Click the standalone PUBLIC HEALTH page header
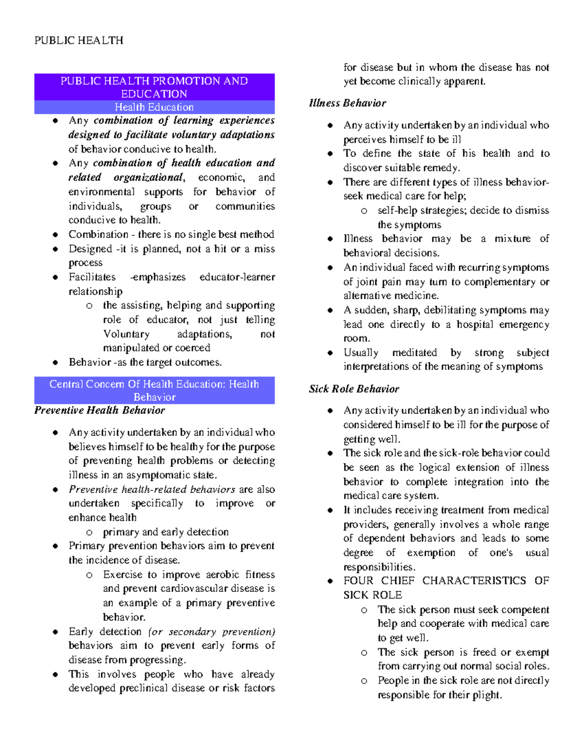click(78, 40)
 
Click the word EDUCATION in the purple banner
click(154, 94)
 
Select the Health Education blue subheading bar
click(154, 107)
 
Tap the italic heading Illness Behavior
click(347, 103)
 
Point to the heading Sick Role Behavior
click(354, 389)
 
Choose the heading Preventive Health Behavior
click(99, 410)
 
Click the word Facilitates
click(92, 277)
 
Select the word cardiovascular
click(195, 589)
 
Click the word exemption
click(431, 553)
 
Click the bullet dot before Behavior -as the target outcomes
click(55, 363)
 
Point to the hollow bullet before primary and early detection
click(89, 533)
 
